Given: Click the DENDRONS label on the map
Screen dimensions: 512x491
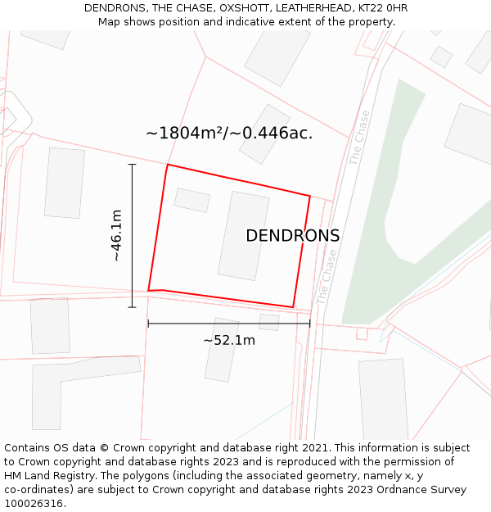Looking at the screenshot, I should click(x=292, y=236).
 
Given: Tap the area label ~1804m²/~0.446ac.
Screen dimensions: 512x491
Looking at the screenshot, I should click(x=229, y=133).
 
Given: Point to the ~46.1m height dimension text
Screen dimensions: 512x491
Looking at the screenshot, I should click(x=116, y=235).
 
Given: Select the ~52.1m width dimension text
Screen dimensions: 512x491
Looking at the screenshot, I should click(x=229, y=340).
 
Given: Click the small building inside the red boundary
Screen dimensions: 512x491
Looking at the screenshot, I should click(x=192, y=200).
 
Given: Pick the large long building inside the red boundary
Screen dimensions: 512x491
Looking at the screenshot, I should click(x=244, y=235).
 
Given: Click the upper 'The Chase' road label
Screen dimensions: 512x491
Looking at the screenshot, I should click(x=360, y=138).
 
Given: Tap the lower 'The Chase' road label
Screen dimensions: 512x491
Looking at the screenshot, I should click(x=327, y=277).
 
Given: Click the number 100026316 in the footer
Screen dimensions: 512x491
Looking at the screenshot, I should click(x=34, y=503).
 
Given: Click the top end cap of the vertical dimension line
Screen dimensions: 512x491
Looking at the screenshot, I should click(x=132, y=165).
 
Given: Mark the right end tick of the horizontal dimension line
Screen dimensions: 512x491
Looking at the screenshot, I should click(x=310, y=324).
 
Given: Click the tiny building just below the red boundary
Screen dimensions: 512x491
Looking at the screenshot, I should click(x=269, y=322).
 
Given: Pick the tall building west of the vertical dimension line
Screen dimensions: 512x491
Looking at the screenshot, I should click(x=65, y=183).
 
